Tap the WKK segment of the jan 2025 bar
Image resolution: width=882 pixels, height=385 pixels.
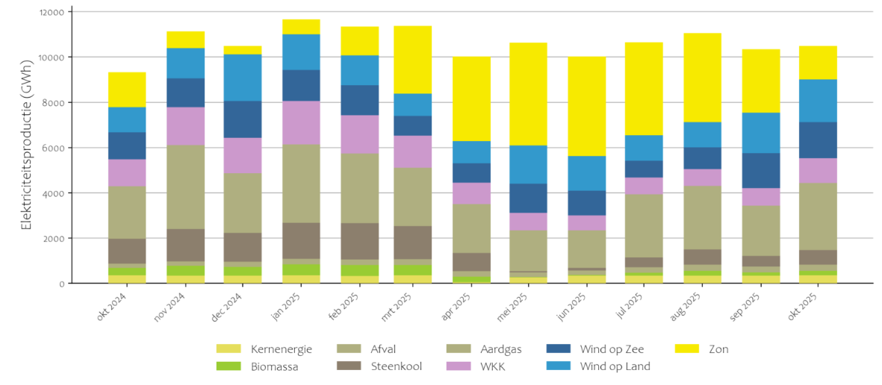[x=300, y=122]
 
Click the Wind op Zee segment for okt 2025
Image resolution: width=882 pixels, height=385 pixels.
[x=817, y=140]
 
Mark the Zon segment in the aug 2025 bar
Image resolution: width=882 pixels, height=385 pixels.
[x=702, y=78]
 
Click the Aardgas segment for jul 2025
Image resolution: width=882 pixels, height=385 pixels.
[x=644, y=225]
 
